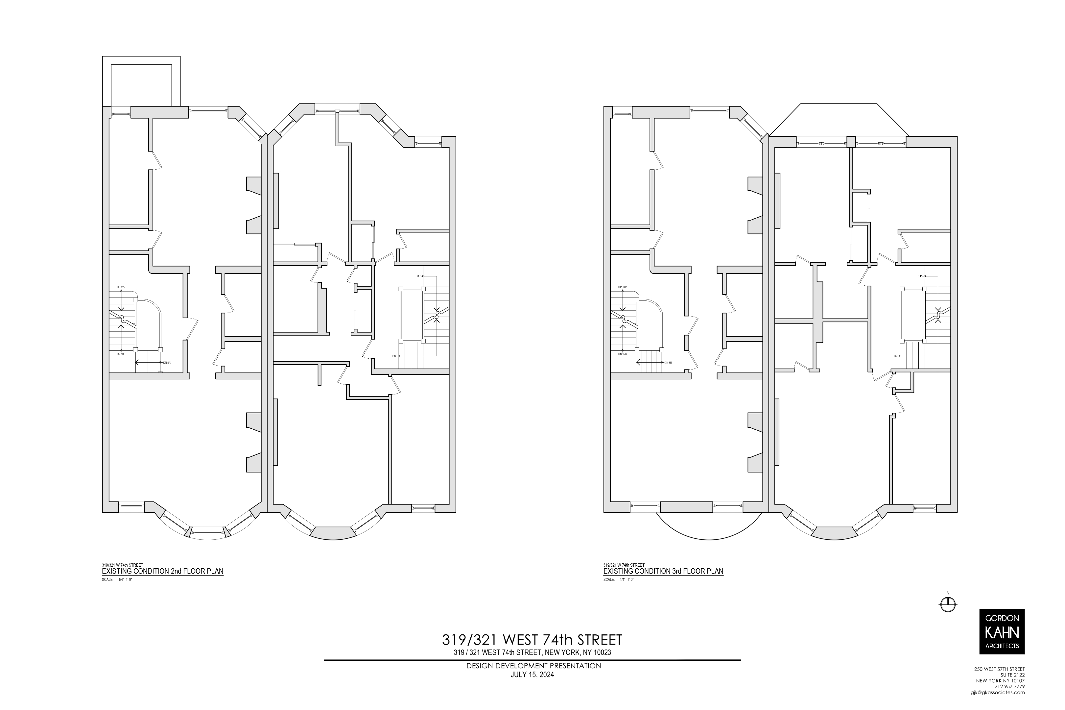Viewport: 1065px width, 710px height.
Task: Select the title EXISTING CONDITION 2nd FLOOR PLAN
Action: click(x=163, y=571)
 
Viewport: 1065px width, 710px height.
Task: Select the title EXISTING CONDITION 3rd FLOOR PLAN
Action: click(x=663, y=571)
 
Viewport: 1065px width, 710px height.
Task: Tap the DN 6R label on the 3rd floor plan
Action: click(x=668, y=363)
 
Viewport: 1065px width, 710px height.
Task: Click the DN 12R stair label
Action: click(x=622, y=354)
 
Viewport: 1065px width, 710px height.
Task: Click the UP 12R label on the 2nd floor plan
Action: click(x=121, y=287)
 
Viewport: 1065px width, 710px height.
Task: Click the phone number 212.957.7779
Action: click(x=1009, y=699)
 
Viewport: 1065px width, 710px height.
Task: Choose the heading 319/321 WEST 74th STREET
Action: click(x=532, y=640)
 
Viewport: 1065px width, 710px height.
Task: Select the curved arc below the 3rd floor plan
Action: click(x=709, y=539)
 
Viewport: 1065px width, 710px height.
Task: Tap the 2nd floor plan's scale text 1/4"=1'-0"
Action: click(x=125, y=580)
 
